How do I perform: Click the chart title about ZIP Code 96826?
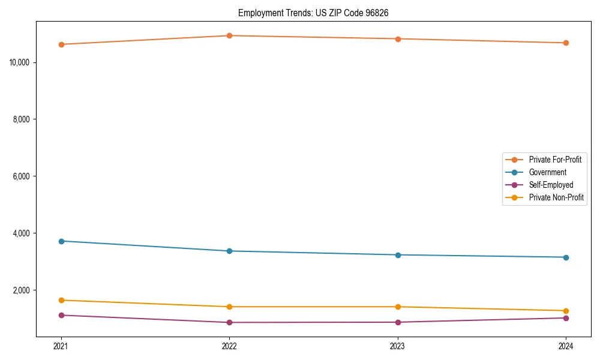[313, 13]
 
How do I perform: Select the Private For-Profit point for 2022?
[229, 35]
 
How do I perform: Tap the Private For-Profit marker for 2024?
[566, 43]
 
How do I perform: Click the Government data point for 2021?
[61, 241]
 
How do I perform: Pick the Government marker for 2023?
[397, 255]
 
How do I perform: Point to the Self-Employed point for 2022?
[229, 322]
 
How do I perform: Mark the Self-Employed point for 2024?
[566, 318]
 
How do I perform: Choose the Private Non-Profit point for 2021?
[61, 300]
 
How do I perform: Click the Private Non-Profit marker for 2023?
[397, 307]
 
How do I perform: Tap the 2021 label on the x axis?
[61, 346]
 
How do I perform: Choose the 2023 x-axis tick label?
[397, 346]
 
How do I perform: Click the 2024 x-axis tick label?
[566, 346]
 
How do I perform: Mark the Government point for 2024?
[566, 257]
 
